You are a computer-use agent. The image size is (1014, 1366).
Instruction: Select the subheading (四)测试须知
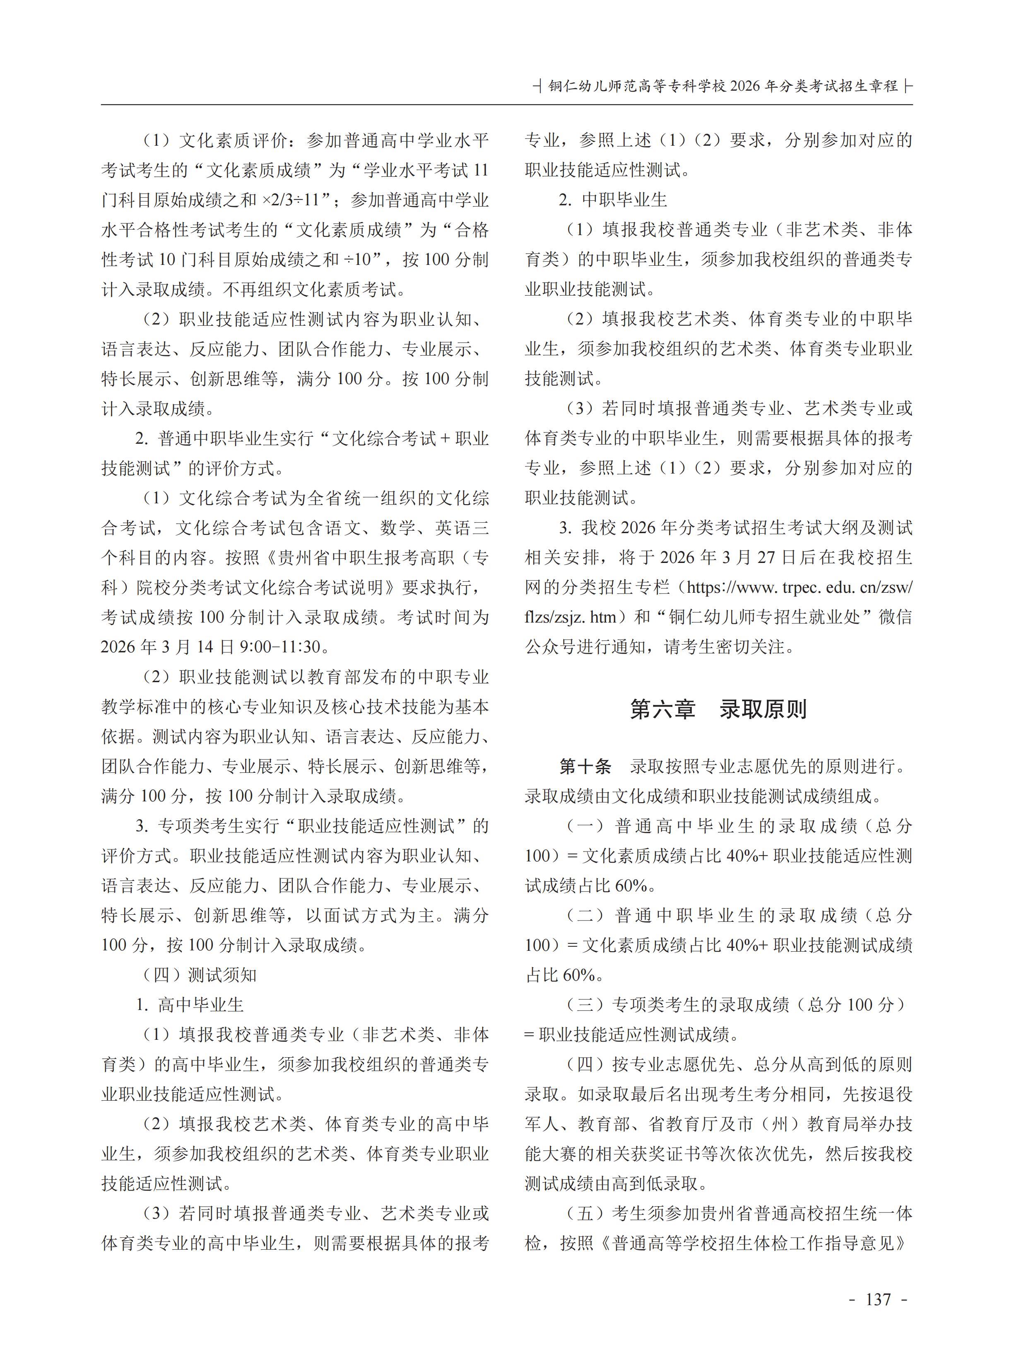coord(200,975)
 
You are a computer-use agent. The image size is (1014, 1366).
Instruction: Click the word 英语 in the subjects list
coord(453,528)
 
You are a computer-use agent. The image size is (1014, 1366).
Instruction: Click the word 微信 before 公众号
coord(896,617)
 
